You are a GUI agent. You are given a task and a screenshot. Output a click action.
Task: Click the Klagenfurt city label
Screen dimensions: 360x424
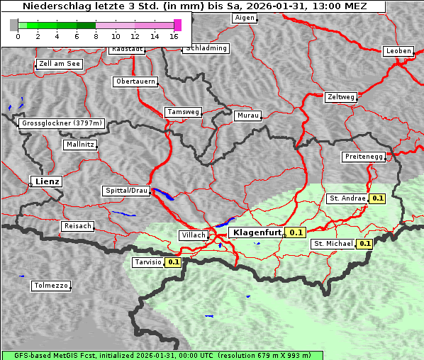pyautogui.click(x=257, y=232)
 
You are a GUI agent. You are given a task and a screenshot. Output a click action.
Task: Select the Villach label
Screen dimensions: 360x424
pyautogui.click(x=194, y=235)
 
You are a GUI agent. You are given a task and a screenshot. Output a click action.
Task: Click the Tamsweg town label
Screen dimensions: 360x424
pyautogui.click(x=184, y=112)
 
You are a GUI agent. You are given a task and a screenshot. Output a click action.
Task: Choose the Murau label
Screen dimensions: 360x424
pyautogui.click(x=248, y=115)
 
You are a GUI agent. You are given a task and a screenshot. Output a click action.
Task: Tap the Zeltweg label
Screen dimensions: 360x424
pyautogui.click(x=341, y=96)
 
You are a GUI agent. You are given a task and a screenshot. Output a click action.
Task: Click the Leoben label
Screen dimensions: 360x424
pyautogui.click(x=398, y=51)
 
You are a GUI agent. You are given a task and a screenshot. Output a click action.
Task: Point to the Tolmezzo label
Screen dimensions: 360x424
pyautogui.click(x=51, y=286)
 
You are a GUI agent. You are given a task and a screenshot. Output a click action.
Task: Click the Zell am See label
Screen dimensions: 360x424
pyautogui.click(x=60, y=64)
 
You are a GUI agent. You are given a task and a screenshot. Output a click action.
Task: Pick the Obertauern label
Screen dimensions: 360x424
pyautogui.click(x=135, y=81)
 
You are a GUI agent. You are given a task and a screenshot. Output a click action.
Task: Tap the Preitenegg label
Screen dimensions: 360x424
pyautogui.click(x=364, y=156)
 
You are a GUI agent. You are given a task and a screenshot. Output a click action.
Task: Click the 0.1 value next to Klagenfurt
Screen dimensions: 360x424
pyautogui.click(x=296, y=232)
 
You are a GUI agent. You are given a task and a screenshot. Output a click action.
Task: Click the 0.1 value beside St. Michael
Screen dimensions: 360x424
pyautogui.click(x=365, y=244)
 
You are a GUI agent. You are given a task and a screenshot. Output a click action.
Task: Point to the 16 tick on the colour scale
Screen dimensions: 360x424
pyautogui.click(x=174, y=35)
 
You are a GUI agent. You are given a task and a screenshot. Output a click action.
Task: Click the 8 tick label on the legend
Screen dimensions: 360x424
pyautogui.click(x=96, y=35)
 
